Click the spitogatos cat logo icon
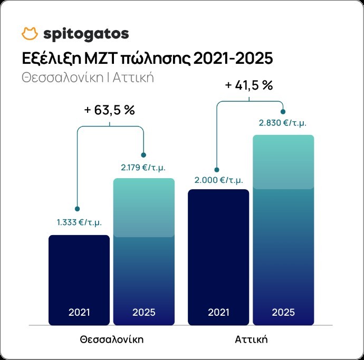[x=30, y=34]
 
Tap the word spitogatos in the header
[x=85, y=34]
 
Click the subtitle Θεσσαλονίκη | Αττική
[x=88, y=77]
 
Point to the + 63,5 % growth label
[x=110, y=111]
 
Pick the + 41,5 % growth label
[x=248, y=85]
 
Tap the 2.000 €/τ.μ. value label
[x=218, y=180]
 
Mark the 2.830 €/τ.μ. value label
[x=283, y=123]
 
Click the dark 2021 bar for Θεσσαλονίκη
[x=79, y=279]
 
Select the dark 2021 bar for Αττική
[x=218, y=253]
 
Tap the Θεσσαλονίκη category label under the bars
[x=112, y=338]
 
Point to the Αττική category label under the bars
[x=251, y=338]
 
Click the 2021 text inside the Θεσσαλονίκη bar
[x=79, y=312]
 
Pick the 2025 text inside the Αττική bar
[x=283, y=312]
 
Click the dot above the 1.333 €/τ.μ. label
[x=78, y=209]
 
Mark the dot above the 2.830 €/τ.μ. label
[x=284, y=111]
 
